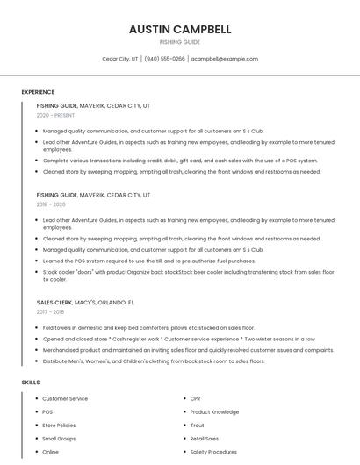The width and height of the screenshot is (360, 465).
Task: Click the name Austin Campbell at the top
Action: pyautogui.click(x=180, y=29)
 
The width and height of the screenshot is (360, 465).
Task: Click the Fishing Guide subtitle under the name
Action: pyautogui.click(x=180, y=42)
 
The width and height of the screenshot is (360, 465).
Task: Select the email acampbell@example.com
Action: pyautogui.click(x=225, y=59)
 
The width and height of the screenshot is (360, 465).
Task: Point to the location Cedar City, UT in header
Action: pyautogui.click(x=120, y=59)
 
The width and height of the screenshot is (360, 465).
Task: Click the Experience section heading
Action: pyautogui.click(x=38, y=92)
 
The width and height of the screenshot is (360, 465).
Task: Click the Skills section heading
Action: pyautogui.click(x=31, y=383)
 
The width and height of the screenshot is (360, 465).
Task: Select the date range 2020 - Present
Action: pyautogui.click(x=55, y=115)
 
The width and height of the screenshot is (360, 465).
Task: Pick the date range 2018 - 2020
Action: pyautogui.click(x=51, y=204)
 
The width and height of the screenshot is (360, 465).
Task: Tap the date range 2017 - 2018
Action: pyautogui.click(x=51, y=311)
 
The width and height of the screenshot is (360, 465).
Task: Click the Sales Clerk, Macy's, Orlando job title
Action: pyautogui.click(x=85, y=303)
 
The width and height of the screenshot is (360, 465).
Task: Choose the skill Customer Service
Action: pyautogui.click(x=65, y=398)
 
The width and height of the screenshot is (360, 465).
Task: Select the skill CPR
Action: pyautogui.click(x=195, y=398)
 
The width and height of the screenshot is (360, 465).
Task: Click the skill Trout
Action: pyautogui.click(x=197, y=425)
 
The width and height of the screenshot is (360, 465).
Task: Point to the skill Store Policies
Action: pyautogui.click(x=60, y=425)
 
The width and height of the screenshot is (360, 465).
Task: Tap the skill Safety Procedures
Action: pyautogui.click(x=213, y=452)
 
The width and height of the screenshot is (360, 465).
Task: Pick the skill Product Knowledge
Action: pyautogui.click(x=214, y=411)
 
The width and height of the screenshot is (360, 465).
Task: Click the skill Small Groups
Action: pyautogui.click(x=59, y=438)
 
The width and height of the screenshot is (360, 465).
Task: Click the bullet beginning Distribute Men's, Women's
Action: pyautogui.click(x=154, y=361)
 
